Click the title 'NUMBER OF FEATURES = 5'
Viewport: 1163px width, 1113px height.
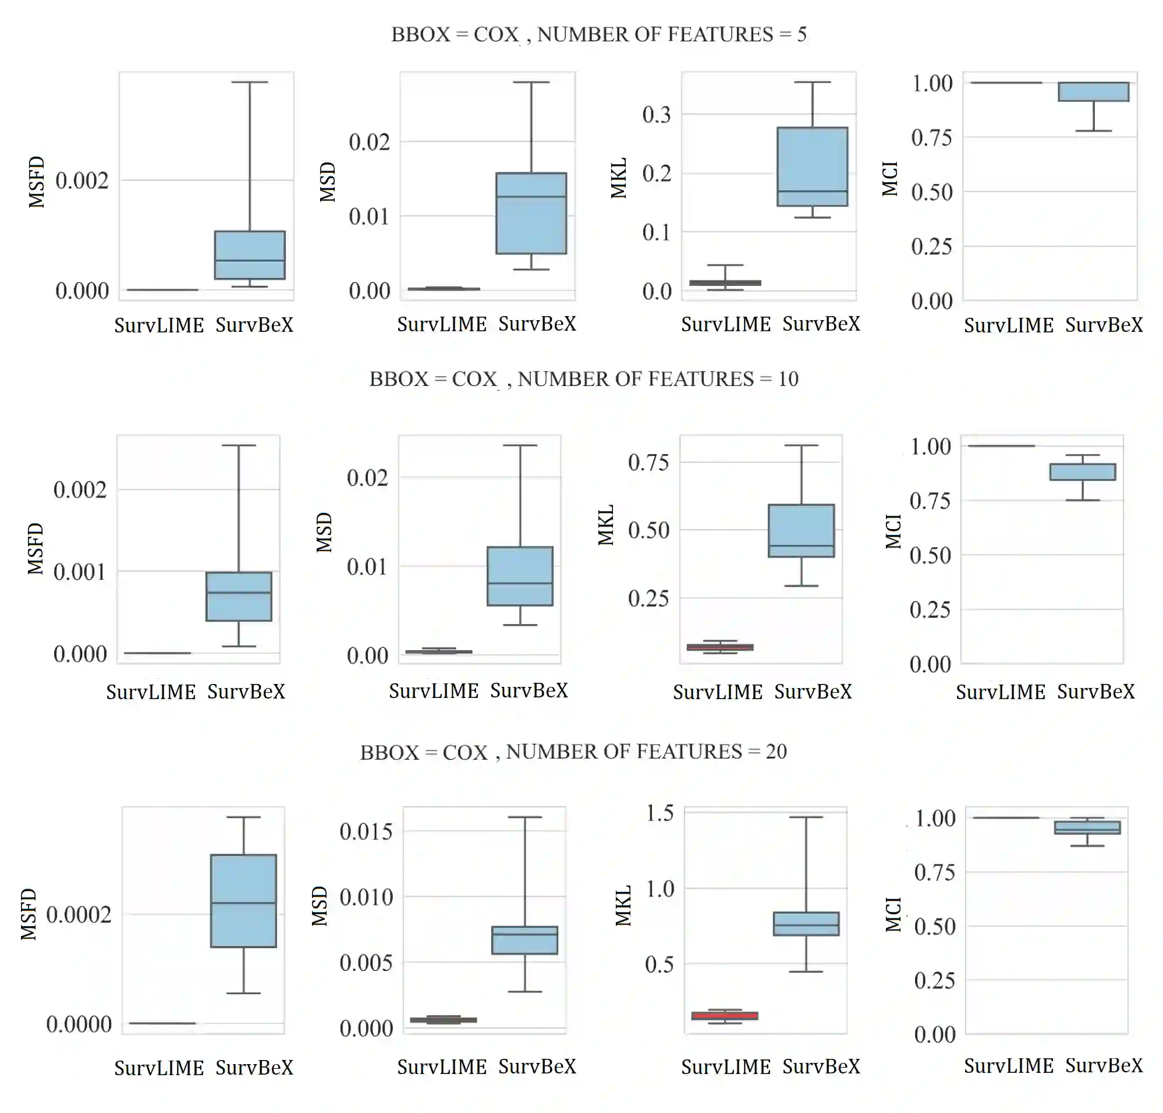coord(599,34)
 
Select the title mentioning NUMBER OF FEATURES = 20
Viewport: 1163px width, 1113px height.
coord(573,752)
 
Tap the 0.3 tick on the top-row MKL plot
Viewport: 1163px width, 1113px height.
coord(656,115)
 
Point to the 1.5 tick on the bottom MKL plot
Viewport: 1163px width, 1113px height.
coord(660,813)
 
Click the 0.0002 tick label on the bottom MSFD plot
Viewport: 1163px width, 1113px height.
coord(79,914)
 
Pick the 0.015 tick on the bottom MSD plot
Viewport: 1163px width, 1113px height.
coord(366,831)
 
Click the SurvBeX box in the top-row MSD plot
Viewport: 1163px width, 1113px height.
coord(531,213)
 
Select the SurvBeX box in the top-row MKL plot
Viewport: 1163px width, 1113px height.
coord(813,166)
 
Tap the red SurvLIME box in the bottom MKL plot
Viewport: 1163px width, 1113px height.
coord(725,1016)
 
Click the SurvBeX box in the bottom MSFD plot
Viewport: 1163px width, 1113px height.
coord(243,901)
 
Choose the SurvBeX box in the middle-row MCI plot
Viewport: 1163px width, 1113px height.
coord(1082,472)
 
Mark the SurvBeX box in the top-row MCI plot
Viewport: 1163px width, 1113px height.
coord(1094,91)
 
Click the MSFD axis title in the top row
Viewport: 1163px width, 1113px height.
coord(37,182)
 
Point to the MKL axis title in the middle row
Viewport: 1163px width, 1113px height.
coord(605,525)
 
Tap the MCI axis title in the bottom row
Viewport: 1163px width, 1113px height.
coord(893,914)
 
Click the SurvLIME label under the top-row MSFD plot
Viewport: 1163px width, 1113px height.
coord(159,325)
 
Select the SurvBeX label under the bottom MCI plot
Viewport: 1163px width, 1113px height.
coord(1104,1065)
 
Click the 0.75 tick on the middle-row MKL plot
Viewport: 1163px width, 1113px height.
coord(648,462)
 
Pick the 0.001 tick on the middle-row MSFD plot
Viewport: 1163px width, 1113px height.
coord(80,572)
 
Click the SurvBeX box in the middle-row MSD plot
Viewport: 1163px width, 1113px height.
coord(520,576)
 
